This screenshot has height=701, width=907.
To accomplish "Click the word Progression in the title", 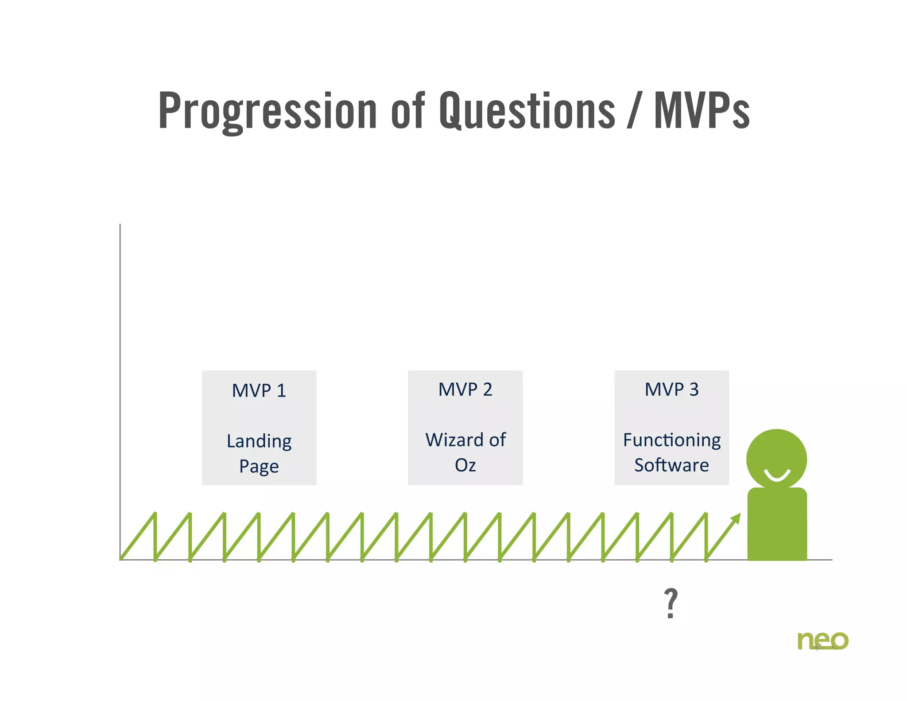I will click(267, 111).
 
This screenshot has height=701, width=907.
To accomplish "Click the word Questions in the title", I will click(527, 111).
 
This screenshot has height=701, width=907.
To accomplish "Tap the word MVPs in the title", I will click(702, 111).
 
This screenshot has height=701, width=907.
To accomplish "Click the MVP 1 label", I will click(259, 391).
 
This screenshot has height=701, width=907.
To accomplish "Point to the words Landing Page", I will click(259, 453).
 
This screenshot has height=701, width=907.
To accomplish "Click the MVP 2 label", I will click(465, 389).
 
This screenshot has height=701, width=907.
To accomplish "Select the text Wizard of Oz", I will click(465, 452).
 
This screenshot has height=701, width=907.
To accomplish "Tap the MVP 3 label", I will click(671, 389).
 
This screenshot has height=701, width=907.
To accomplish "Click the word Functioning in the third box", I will click(671, 440).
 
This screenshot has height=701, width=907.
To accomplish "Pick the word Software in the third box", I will click(671, 465).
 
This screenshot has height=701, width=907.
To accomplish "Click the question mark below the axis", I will click(671, 603).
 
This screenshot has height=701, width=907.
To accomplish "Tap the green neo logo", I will click(822, 641).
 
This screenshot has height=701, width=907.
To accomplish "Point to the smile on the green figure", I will click(777, 476).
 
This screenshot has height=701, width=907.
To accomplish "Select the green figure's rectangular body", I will click(777, 525).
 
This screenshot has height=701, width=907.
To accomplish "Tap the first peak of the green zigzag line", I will click(155, 514).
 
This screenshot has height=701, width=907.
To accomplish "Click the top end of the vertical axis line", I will click(120, 225).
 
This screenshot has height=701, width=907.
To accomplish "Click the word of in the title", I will click(407, 111).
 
